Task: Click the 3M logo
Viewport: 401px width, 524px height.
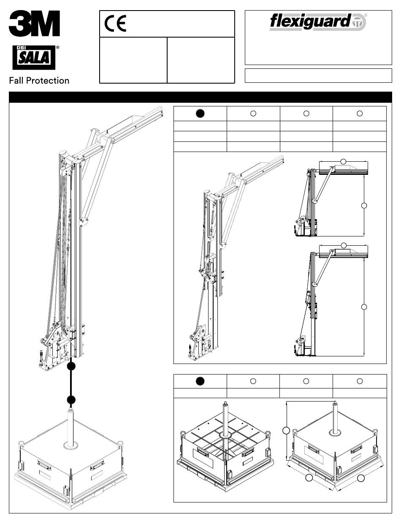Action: [x=34, y=23]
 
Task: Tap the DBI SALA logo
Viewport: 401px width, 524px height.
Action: [x=34, y=57]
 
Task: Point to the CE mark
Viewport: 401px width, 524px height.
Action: [x=115, y=24]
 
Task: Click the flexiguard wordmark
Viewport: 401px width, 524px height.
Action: [x=310, y=22]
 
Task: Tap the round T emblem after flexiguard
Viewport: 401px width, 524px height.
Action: [x=359, y=23]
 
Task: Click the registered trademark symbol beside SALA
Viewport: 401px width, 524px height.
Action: [x=57, y=48]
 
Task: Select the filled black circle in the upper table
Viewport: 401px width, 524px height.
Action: [x=200, y=113]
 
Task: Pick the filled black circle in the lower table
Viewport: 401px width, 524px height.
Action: [x=200, y=381]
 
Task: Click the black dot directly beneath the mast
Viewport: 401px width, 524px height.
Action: [x=71, y=367]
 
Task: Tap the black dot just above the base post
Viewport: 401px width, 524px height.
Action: [x=71, y=400]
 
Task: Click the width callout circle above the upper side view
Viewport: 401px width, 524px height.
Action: [x=344, y=162]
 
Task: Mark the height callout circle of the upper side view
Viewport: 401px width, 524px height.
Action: [x=364, y=206]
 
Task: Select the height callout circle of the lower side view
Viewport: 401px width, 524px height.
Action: [x=364, y=307]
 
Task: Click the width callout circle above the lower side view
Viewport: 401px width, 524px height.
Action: [x=344, y=245]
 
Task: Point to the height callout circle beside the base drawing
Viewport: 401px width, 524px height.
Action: [x=286, y=430]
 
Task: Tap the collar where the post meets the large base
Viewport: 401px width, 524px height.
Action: [x=70, y=445]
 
